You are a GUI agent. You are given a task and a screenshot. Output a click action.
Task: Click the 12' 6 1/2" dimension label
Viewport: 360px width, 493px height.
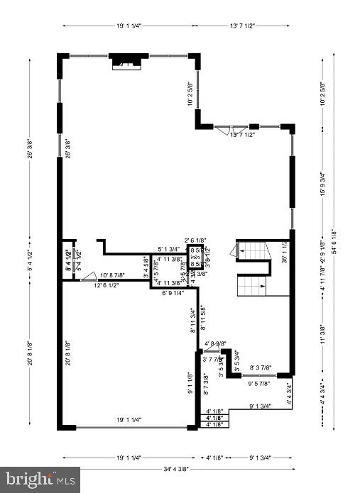pyautogui.click(x=106, y=285)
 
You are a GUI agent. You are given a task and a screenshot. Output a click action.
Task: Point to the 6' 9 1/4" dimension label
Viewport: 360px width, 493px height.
pyautogui.click(x=173, y=292)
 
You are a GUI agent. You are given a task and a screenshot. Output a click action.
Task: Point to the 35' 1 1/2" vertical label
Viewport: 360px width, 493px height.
pyautogui.click(x=284, y=252)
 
